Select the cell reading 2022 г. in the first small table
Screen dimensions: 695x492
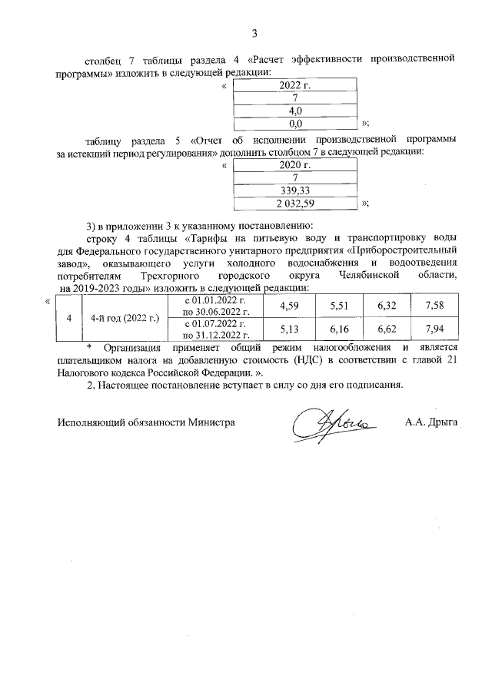click(x=294, y=84)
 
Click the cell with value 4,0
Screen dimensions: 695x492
click(x=294, y=110)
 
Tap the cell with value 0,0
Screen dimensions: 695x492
click(x=294, y=122)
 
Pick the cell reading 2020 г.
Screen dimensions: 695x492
click(x=294, y=164)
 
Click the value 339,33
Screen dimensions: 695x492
click(x=294, y=190)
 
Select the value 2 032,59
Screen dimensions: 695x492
click(x=294, y=203)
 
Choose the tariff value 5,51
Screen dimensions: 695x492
click(x=339, y=306)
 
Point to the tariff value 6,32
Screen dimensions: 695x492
click(x=387, y=306)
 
